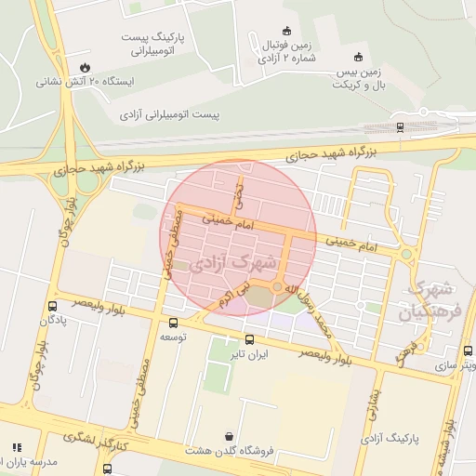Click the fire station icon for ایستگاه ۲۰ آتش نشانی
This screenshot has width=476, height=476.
click(86, 67)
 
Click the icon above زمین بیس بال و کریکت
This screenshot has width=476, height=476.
click(358, 57)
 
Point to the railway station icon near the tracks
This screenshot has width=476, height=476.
click(400, 126)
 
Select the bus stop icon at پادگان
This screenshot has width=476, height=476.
click(52, 305)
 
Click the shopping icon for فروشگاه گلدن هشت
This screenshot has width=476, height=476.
click(229, 436)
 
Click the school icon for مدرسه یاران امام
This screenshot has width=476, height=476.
click(16, 448)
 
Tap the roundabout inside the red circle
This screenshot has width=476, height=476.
click(277, 286)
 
